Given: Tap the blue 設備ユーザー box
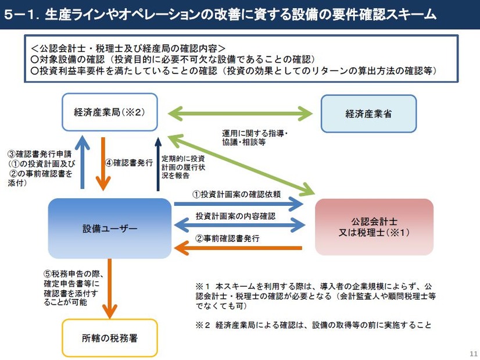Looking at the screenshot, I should pyautogui.click(x=110, y=229).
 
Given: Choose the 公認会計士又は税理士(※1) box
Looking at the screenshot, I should pyautogui.click(x=374, y=227).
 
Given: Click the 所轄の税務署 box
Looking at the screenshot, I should pyautogui.click(x=110, y=337).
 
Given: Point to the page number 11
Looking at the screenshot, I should pyautogui.click(x=472, y=353).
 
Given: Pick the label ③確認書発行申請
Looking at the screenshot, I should pyautogui.click(x=35, y=155).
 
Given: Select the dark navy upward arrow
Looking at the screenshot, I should pyautogui.click(x=157, y=165).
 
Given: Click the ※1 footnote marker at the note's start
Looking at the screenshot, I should pyautogui.click(x=201, y=287).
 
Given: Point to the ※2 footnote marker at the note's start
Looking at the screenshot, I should pyautogui.click(x=201, y=325).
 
